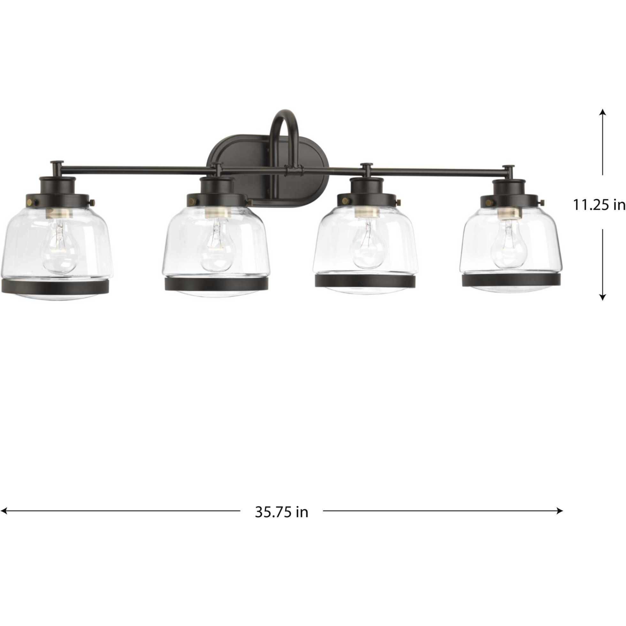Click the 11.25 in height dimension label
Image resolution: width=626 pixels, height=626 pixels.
(x=599, y=205)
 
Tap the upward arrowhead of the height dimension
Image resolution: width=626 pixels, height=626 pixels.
(x=602, y=112)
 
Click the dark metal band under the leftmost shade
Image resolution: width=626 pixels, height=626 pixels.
(x=56, y=287)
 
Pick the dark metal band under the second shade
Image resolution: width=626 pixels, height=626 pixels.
(x=217, y=284)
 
